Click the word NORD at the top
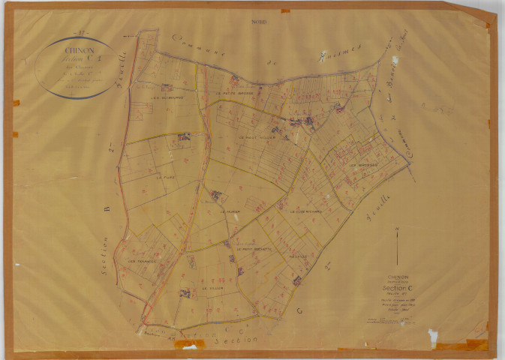(260, 22)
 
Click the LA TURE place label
(166, 178)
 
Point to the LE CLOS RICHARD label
(306, 211)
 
